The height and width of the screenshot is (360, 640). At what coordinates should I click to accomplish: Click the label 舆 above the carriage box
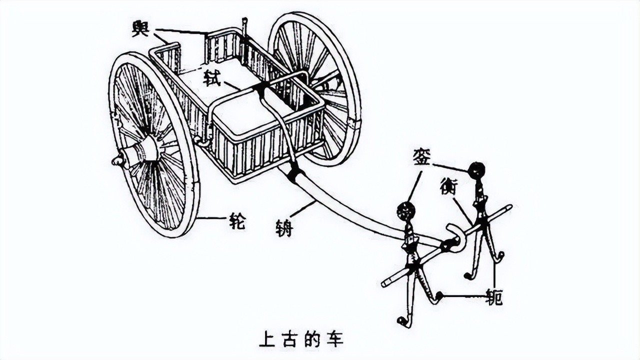(x=140, y=28)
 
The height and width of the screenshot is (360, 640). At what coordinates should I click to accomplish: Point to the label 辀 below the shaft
(x=283, y=227)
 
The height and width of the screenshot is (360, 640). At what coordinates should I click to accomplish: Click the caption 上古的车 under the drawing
(x=301, y=339)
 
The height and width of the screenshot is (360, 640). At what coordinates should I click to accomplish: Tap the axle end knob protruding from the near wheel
(x=116, y=161)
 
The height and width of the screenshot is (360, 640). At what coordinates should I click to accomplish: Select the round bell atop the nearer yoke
(x=405, y=211)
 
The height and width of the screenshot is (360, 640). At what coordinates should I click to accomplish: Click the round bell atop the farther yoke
(x=476, y=170)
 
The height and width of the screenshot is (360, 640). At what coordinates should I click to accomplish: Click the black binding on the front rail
(x=260, y=88)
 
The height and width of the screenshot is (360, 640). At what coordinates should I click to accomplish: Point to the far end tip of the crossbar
(x=509, y=206)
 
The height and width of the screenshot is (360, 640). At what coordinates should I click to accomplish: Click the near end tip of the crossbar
(x=384, y=284)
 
